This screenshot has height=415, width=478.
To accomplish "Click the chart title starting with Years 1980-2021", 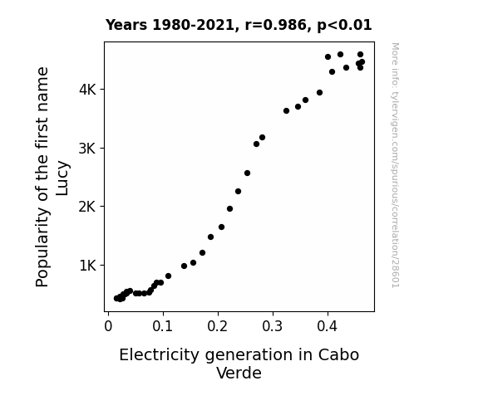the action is pyautogui.click(x=239, y=25).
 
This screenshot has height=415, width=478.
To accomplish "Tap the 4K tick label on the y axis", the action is pyautogui.click(x=87, y=90).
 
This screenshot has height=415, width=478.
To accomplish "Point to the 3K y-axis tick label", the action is pyautogui.click(x=87, y=149).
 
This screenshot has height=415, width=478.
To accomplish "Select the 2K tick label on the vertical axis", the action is pyautogui.click(x=87, y=207).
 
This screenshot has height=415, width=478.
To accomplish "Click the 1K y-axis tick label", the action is pyautogui.click(x=87, y=266).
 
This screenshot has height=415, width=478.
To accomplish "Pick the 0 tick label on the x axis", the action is pyautogui.click(x=108, y=326).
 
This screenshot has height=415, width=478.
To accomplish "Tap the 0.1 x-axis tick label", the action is pyautogui.click(x=163, y=326).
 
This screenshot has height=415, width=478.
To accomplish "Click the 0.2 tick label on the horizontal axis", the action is pyautogui.click(x=218, y=326).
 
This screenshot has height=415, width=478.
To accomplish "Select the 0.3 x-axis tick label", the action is pyautogui.click(x=273, y=326).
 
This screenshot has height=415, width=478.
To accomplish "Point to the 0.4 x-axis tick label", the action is pyautogui.click(x=328, y=326).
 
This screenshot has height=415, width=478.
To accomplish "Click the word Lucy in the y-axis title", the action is pyautogui.click(x=62, y=178).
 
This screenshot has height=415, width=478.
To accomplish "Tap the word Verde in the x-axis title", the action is pyautogui.click(x=239, y=373).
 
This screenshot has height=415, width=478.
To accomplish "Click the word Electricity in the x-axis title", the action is pyautogui.click(x=159, y=355).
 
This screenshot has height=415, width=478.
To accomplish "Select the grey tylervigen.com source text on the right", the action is pyautogui.click(x=396, y=165).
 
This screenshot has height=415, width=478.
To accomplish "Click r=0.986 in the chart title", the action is pyautogui.click(x=276, y=25).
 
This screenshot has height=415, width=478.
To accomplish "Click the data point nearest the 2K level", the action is pyautogui.click(x=229, y=209).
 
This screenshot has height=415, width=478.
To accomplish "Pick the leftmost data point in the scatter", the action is pyautogui.click(x=116, y=299).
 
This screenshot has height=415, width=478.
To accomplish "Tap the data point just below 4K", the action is pyautogui.click(x=319, y=93).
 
